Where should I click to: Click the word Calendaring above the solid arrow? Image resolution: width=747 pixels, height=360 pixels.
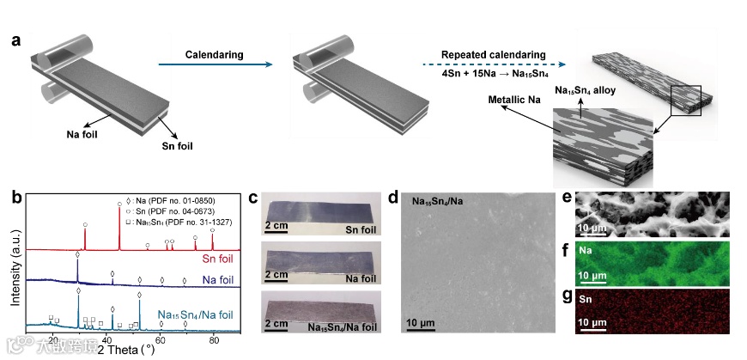[x=214, y=55]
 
